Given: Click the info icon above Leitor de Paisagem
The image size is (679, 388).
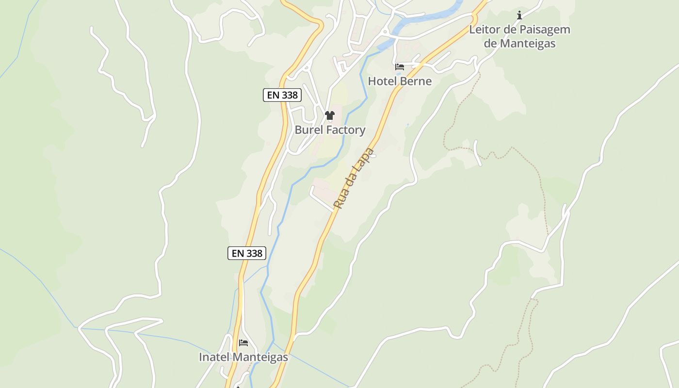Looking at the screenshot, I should tap(519, 15).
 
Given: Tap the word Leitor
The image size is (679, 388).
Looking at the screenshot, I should tap(485, 30).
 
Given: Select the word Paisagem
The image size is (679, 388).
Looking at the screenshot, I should tap(545, 30).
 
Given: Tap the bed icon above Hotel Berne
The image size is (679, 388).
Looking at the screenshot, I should tap(400, 67).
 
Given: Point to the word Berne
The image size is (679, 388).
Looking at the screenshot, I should tap(415, 81).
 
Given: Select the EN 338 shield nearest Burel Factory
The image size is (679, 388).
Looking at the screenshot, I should tap(282, 95).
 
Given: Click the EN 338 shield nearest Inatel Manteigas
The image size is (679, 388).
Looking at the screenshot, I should tap(247, 253).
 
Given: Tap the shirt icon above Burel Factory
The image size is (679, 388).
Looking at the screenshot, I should tap(330, 115).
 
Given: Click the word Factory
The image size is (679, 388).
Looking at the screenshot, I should tap(346, 130).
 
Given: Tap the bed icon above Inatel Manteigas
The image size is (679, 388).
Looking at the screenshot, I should tap(243, 343).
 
